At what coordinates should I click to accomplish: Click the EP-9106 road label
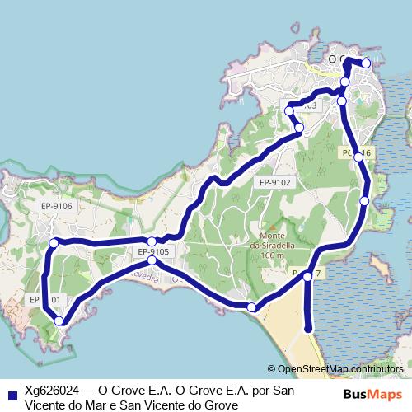[55, 206]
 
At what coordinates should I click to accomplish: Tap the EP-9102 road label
[275, 183]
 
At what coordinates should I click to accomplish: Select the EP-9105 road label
[153, 252]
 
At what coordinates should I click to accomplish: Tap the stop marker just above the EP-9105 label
[152, 241]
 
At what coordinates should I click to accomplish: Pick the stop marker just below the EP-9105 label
[152, 260]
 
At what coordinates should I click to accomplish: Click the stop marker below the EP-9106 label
[54, 243]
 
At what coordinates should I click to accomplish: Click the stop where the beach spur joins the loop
[307, 277]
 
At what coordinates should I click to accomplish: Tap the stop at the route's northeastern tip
[366, 63]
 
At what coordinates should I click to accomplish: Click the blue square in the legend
[9, 391]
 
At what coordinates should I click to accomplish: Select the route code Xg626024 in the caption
[51, 391]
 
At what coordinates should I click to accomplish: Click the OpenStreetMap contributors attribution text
[339, 370]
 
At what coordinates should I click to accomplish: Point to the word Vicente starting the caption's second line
[47, 405]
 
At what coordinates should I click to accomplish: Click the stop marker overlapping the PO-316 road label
[358, 156]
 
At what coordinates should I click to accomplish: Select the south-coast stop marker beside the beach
[251, 307]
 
